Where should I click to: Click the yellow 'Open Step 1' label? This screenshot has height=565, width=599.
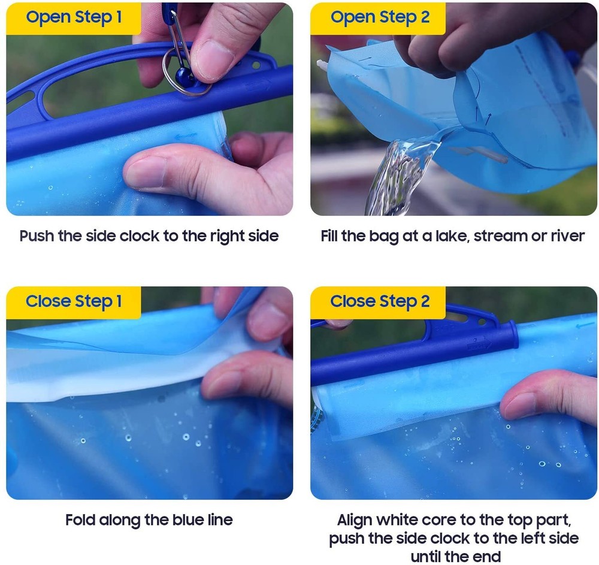pos(74,19)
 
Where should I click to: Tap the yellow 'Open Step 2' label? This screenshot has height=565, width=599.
pos(378,19)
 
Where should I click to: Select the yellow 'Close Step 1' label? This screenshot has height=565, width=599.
pos(74,302)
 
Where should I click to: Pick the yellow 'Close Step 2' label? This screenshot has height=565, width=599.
pos(378,302)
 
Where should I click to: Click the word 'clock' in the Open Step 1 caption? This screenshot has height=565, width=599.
pos(140,235)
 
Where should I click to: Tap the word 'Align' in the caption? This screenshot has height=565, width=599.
pos(355,521)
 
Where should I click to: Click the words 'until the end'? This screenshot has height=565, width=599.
pos(456,557)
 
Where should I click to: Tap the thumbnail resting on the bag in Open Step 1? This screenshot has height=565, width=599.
pos(145,172)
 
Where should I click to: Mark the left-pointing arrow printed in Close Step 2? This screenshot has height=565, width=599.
pos(585,325)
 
